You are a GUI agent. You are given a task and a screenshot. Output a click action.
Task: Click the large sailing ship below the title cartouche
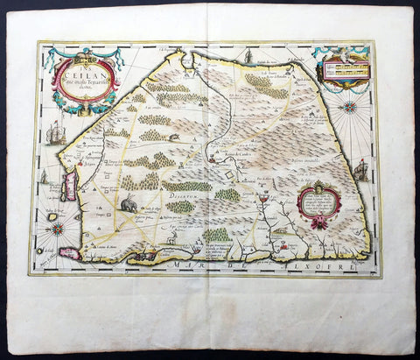click(x=58, y=133)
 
